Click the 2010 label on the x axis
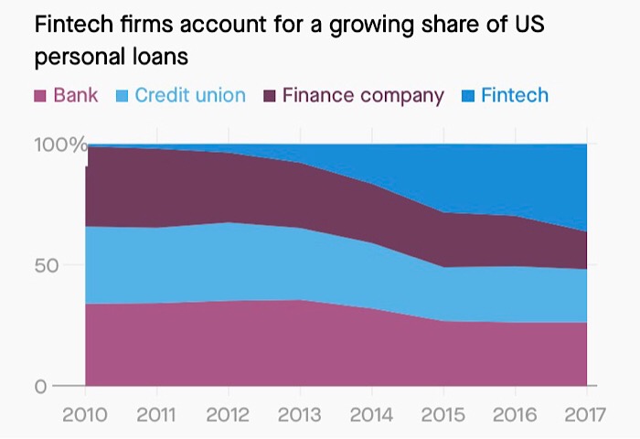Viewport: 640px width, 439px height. (x=85, y=414)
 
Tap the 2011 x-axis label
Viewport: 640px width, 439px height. (x=156, y=414)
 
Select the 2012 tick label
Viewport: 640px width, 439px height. (x=229, y=414)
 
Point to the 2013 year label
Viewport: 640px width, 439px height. (x=300, y=414)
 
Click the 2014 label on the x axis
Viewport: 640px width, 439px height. (x=371, y=414)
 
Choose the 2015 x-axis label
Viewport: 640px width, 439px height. (x=443, y=414)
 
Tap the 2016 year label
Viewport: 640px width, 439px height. (x=514, y=414)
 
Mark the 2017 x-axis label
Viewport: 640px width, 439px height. (x=584, y=414)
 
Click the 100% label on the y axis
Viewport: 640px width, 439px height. (x=60, y=145)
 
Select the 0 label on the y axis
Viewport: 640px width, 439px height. (x=40, y=386)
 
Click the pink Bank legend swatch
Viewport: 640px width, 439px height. (x=40, y=96)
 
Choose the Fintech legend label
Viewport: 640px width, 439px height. (x=514, y=95)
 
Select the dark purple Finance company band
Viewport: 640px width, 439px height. (x=229, y=187)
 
